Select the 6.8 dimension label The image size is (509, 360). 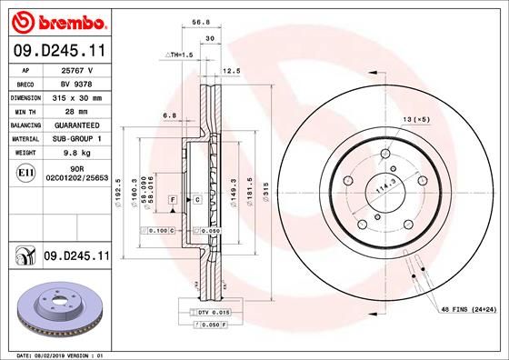tap(168, 115)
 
